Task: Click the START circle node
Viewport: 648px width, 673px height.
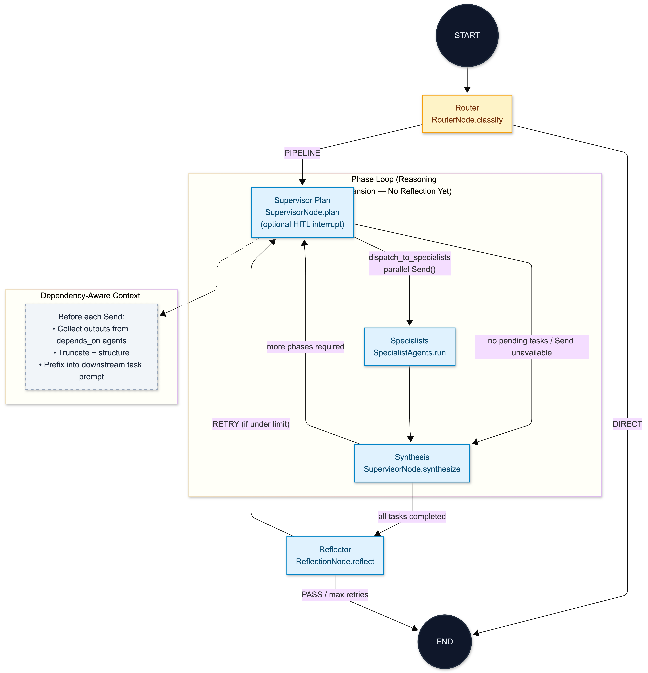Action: [x=467, y=35]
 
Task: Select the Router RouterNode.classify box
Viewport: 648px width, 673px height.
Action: [x=467, y=114]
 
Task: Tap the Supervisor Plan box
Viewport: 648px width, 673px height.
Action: [x=302, y=212]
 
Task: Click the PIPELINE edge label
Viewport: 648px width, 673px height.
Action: [x=302, y=153]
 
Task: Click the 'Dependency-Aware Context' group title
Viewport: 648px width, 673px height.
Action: [x=90, y=296]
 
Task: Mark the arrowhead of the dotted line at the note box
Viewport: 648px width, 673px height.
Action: [x=163, y=313]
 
